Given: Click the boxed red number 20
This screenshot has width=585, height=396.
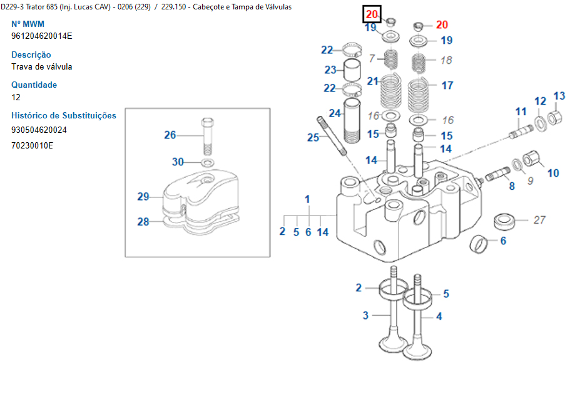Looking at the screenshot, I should (x=372, y=14).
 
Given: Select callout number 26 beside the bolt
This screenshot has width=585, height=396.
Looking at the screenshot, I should (x=170, y=135).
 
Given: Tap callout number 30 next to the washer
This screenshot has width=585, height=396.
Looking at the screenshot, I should (x=178, y=162).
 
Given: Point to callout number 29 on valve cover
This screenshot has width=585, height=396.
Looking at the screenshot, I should (x=143, y=197).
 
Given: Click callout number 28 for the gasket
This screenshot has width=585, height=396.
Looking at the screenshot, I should (x=143, y=221).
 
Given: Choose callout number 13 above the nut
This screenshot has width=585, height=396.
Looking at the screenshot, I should (x=559, y=96).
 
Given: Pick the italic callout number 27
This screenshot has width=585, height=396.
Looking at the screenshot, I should (x=539, y=220).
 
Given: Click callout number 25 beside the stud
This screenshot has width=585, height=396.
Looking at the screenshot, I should (x=313, y=137).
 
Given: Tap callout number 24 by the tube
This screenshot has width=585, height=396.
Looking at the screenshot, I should (x=335, y=113).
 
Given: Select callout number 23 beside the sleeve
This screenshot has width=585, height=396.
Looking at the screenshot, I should (x=330, y=70).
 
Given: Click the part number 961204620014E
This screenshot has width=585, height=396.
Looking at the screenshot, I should (x=41, y=36).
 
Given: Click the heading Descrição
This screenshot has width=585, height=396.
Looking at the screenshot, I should (x=31, y=55).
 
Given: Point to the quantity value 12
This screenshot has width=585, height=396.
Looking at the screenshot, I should (x=16, y=97).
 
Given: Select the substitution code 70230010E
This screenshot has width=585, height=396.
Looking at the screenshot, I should (x=32, y=145).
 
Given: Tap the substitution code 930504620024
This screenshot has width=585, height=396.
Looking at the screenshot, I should (x=39, y=130).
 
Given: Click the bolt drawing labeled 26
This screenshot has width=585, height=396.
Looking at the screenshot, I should (x=207, y=135).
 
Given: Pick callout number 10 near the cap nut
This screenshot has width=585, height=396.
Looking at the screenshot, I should (x=553, y=172).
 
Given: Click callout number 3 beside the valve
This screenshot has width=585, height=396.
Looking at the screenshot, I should (x=365, y=316).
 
